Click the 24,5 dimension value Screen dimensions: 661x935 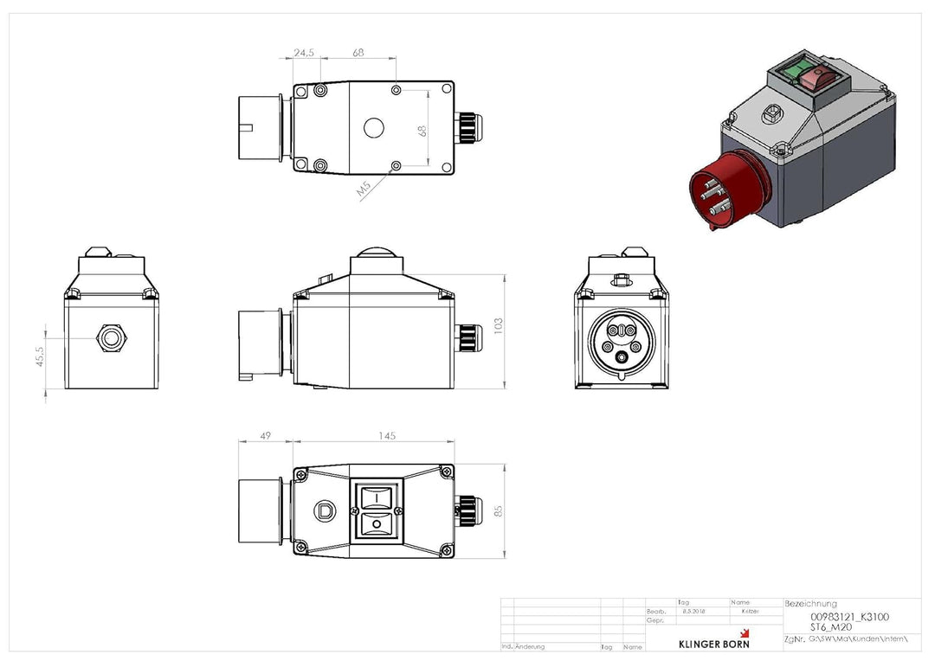coord(303,53)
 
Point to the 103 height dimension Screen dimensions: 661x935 coord(498,326)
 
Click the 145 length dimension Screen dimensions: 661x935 coord(385,436)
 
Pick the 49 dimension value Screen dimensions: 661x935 coord(265,436)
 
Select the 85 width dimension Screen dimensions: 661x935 coord(498,510)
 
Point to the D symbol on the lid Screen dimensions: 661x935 coord(326,510)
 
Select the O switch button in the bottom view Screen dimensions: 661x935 coord(375,524)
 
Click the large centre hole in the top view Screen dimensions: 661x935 coord(373,128)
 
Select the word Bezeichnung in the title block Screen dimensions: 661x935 coord(810,603)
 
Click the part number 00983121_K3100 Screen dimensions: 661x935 coord(848,616)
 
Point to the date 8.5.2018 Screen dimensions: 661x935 coord(693,611)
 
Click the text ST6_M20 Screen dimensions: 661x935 coord(830,626)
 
